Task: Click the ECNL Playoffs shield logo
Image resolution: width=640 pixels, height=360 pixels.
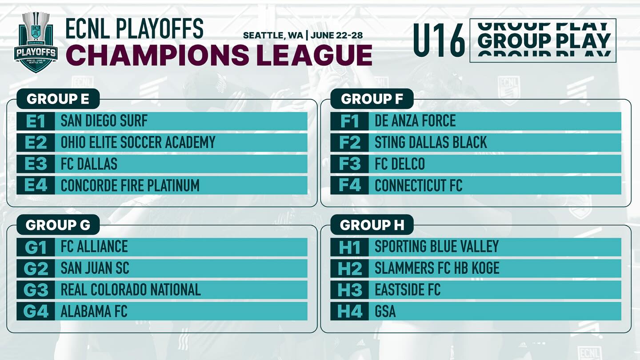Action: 36,42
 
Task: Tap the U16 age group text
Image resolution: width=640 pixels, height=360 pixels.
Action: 439,40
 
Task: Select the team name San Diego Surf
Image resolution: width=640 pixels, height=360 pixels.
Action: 104,121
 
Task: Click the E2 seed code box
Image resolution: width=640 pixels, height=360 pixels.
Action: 36,142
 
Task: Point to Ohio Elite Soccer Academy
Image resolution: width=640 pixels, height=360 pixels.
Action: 138,142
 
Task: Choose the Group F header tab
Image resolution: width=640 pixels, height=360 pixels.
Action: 372,99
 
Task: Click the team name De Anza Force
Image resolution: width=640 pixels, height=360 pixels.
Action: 415,121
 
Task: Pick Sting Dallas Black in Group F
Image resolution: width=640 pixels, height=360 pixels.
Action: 431,142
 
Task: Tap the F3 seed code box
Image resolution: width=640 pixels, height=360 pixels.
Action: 350,164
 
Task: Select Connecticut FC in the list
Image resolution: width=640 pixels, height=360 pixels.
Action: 418,185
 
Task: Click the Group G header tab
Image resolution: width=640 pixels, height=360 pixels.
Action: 58,225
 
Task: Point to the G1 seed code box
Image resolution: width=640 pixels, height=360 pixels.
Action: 36,247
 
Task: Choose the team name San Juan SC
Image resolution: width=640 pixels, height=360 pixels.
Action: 95,268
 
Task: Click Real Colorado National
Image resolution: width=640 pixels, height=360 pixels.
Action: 131,290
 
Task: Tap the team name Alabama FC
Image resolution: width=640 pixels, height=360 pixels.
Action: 94,312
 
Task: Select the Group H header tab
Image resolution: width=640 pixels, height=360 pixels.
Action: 372,225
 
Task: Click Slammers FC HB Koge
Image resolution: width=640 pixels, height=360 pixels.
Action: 437,268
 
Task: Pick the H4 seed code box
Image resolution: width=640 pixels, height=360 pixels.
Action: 350,312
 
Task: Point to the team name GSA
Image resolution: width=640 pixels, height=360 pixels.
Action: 385,312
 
